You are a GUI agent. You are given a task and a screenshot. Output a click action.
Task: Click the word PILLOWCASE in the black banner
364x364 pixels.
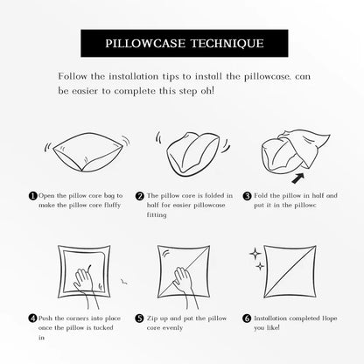coord(145,44)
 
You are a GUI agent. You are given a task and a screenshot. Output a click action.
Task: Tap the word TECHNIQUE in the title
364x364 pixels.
coord(227,44)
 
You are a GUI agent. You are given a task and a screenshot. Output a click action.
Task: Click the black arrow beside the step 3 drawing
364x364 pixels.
coord(297,178)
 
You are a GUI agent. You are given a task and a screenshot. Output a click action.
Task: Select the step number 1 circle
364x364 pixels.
coord(33,196)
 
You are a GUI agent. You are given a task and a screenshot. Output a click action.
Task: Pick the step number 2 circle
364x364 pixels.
coord(140,196)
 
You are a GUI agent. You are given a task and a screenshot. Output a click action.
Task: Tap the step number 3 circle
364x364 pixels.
coord(247,196)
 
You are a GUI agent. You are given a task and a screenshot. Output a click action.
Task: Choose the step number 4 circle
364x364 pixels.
coord(33,318)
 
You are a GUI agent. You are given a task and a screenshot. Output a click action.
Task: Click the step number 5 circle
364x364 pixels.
coord(140,318)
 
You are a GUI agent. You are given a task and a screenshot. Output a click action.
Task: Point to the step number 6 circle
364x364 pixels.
coord(247,318)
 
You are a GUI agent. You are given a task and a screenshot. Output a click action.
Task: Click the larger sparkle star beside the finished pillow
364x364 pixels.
coord(255,254)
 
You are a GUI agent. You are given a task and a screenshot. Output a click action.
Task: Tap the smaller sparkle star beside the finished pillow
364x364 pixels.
coord(260,266)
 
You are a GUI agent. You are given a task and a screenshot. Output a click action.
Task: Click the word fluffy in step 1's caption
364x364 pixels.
coord(113,206)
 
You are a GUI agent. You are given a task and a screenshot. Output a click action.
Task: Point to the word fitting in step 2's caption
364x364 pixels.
coord(157,215)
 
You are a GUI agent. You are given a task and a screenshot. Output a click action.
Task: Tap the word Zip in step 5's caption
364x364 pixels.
coord(152,318)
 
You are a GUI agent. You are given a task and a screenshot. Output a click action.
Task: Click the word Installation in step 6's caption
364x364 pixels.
coord(270,318)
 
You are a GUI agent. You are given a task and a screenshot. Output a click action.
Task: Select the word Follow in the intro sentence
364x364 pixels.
coord(73,76)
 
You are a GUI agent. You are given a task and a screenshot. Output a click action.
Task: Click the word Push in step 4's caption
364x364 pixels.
coord(45,318)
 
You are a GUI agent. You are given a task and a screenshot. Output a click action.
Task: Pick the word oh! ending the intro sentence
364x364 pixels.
coord(207,91)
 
